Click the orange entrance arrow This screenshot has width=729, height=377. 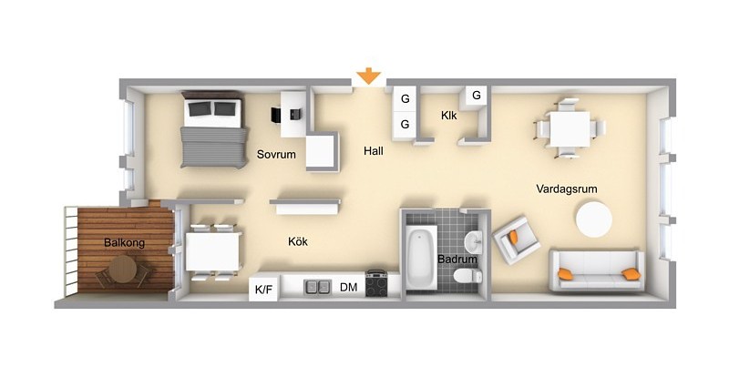[369, 76]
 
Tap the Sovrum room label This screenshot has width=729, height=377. [276, 154]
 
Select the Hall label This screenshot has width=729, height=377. [374, 150]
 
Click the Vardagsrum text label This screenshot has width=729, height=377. [566, 188]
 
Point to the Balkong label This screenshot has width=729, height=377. [124, 242]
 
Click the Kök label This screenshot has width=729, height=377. [298, 241]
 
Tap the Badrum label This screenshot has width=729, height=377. [457, 260]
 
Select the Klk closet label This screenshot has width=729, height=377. [448, 116]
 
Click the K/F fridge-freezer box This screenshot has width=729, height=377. [263, 290]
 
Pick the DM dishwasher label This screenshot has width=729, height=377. [349, 287]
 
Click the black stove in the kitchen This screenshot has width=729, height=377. [376, 283]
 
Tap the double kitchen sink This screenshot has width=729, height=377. [317, 287]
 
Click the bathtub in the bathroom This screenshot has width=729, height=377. [422, 257]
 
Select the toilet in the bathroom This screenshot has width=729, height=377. [467, 276]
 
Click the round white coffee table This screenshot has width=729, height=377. [594, 219]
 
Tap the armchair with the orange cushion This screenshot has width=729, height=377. [516, 239]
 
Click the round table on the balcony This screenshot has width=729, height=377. [123, 270]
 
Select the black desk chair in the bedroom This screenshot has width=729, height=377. [276, 115]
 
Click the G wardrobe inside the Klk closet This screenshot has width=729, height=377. [476, 96]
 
